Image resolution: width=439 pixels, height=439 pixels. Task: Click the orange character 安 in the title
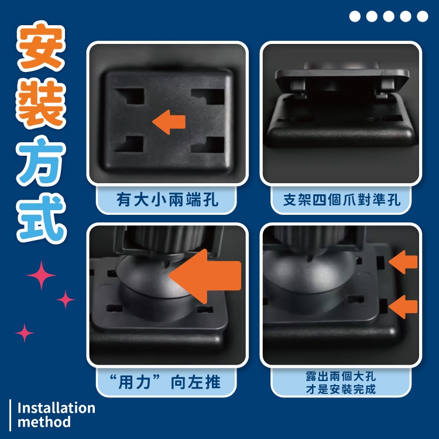pyautogui.click(x=41, y=46)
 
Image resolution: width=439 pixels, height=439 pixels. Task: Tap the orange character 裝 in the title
pyautogui.click(x=41, y=103)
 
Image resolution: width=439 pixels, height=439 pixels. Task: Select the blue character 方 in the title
pyautogui.click(x=41, y=162)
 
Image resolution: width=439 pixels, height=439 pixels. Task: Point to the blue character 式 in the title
pyautogui.click(x=42, y=219)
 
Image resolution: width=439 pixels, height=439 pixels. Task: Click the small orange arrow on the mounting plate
pyautogui.click(x=169, y=122)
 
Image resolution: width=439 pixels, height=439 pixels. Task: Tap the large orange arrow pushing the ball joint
pyautogui.click(x=205, y=276)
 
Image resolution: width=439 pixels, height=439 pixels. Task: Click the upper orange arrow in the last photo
pyautogui.click(x=403, y=262)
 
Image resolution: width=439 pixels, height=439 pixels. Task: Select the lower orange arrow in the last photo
pyautogui.click(x=403, y=307)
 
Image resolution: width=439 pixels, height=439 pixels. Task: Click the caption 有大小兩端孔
pyautogui.click(x=167, y=200)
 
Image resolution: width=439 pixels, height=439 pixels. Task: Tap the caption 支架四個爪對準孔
pyautogui.click(x=342, y=200)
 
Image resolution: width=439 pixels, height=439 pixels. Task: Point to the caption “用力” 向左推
pyautogui.click(x=165, y=382)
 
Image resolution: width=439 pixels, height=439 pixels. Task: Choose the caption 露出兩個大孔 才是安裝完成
pyautogui.click(x=341, y=383)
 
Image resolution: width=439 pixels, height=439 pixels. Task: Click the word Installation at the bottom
pyautogui.click(x=56, y=408)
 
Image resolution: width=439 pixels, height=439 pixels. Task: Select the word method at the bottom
pyautogui.click(x=44, y=422)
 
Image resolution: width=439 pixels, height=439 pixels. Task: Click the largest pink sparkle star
pyautogui.click(x=42, y=275)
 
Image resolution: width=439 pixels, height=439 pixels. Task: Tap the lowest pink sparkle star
pyautogui.click(x=25, y=333)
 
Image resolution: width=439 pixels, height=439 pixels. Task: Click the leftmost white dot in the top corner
pyautogui.click(x=355, y=16)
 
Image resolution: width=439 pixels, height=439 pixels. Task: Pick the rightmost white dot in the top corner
pyautogui.click(x=423, y=16)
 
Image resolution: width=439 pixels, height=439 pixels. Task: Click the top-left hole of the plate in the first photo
pyautogui.click(x=130, y=97)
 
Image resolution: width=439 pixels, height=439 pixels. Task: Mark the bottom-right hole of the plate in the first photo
pyautogui.click(x=208, y=145)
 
